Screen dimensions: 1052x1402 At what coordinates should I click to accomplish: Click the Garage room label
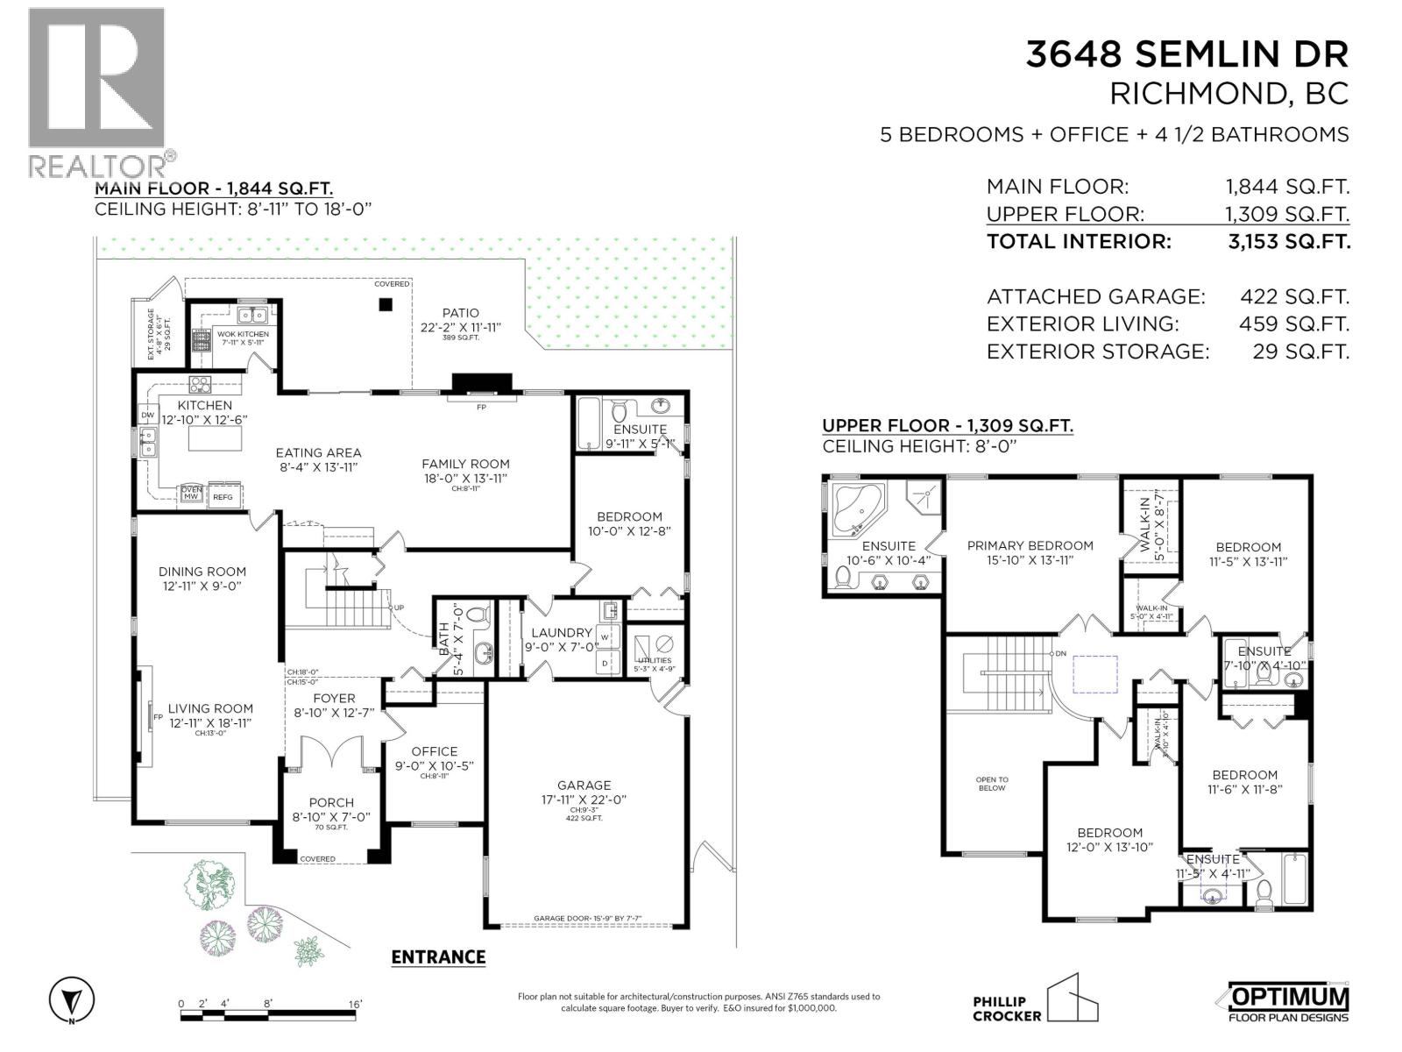[584, 785]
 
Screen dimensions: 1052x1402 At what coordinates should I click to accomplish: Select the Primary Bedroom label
[1030, 545]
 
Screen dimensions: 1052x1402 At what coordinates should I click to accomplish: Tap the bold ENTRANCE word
[437, 956]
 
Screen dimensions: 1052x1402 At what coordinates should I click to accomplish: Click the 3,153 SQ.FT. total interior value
[1289, 241]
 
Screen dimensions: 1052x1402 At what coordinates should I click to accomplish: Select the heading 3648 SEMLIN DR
[1187, 54]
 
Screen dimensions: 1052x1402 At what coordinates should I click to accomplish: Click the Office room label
[435, 751]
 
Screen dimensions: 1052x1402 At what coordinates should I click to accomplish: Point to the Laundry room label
[562, 633]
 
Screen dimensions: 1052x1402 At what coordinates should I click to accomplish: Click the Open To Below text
[992, 783]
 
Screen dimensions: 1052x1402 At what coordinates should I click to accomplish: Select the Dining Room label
[202, 572]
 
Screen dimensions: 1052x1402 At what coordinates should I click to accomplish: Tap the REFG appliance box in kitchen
[223, 496]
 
